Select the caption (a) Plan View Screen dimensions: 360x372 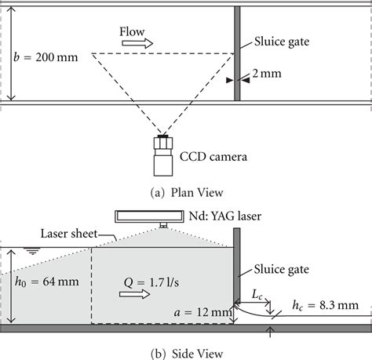pyautogui.click(x=186, y=191)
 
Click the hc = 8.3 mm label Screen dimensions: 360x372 pyautogui.click(x=323, y=304)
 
